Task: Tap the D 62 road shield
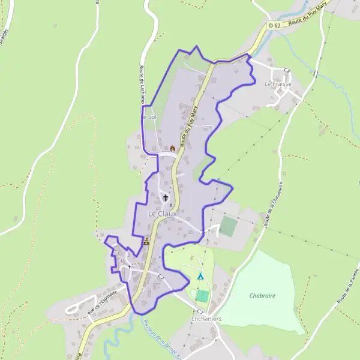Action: [x=275, y=25]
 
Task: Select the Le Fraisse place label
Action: [x=278, y=84]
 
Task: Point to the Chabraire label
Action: [x=262, y=296]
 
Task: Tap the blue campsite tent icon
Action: [x=200, y=277]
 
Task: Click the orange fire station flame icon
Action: [x=173, y=148]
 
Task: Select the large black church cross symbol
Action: [x=166, y=197]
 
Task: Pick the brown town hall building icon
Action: [x=147, y=242]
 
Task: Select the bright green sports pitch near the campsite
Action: [x=202, y=296]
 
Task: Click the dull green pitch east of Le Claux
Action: [x=227, y=226]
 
